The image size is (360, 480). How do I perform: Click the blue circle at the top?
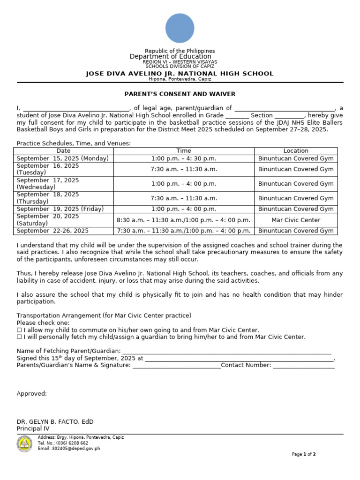[x=180, y=28]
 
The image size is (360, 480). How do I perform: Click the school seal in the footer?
[x=24, y=443]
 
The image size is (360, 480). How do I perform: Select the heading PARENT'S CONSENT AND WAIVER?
[x=180, y=94]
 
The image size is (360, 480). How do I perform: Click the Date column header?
[x=63, y=151]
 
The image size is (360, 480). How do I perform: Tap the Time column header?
[x=184, y=151]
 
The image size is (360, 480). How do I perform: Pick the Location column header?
[x=296, y=151]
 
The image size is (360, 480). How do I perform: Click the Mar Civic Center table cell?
[x=296, y=220]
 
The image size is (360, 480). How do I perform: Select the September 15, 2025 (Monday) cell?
[x=63, y=158]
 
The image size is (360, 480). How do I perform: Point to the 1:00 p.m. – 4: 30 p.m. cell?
[x=184, y=158]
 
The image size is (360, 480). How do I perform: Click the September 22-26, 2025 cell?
[x=52, y=231]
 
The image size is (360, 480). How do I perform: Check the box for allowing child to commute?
[x=19, y=330]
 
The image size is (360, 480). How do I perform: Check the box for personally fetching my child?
[x=19, y=337]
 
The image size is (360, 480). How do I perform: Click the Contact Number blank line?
[x=304, y=366]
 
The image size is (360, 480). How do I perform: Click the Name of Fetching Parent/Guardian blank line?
[x=227, y=351]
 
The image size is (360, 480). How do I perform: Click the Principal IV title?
[x=33, y=428]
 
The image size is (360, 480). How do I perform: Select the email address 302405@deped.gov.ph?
[x=69, y=449]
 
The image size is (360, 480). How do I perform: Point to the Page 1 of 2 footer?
[x=303, y=454]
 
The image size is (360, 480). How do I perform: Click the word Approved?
[x=31, y=394]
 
